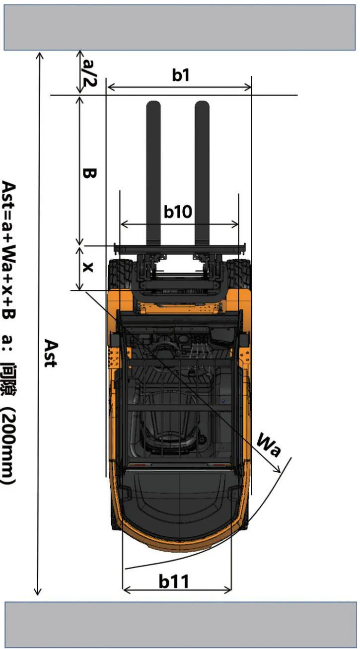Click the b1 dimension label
pyautogui.click(x=181, y=75)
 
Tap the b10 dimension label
pyautogui.click(x=178, y=212)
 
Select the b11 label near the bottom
pyautogui.click(x=174, y=581)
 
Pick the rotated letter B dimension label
pyautogui.click(x=89, y=173)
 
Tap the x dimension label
pyautogui.click(x=88, y=267)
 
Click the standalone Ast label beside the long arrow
pyautogui.click(x=51, y=353)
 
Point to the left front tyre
pyautogui.click(x=119, y=274)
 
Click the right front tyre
pyautogui.click(x=239, y=274)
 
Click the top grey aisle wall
pyautogui.click(x=180, y=27)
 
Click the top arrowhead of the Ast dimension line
pyautogui.click(x=39, y=56)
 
